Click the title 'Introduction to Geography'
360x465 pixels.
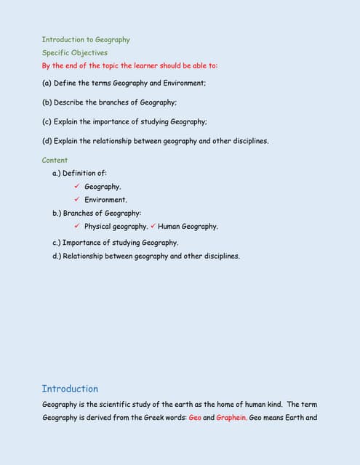(x=85, y=40)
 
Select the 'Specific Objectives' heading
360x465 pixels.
(x=74, y=53)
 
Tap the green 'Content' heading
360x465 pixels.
(x=55, y=161)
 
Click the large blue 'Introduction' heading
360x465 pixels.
(x=70, y=389)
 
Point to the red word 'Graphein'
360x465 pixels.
(x=231, y=418)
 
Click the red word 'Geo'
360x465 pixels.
(x=195, y=418)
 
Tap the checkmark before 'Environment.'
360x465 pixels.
(x=76, y=199)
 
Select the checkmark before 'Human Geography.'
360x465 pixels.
(x=153, y=226)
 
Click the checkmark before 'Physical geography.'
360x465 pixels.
(x=76, y=226)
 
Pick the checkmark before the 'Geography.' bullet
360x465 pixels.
(x=76, y=187)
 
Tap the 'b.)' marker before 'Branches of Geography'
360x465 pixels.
(x=57, y=214)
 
